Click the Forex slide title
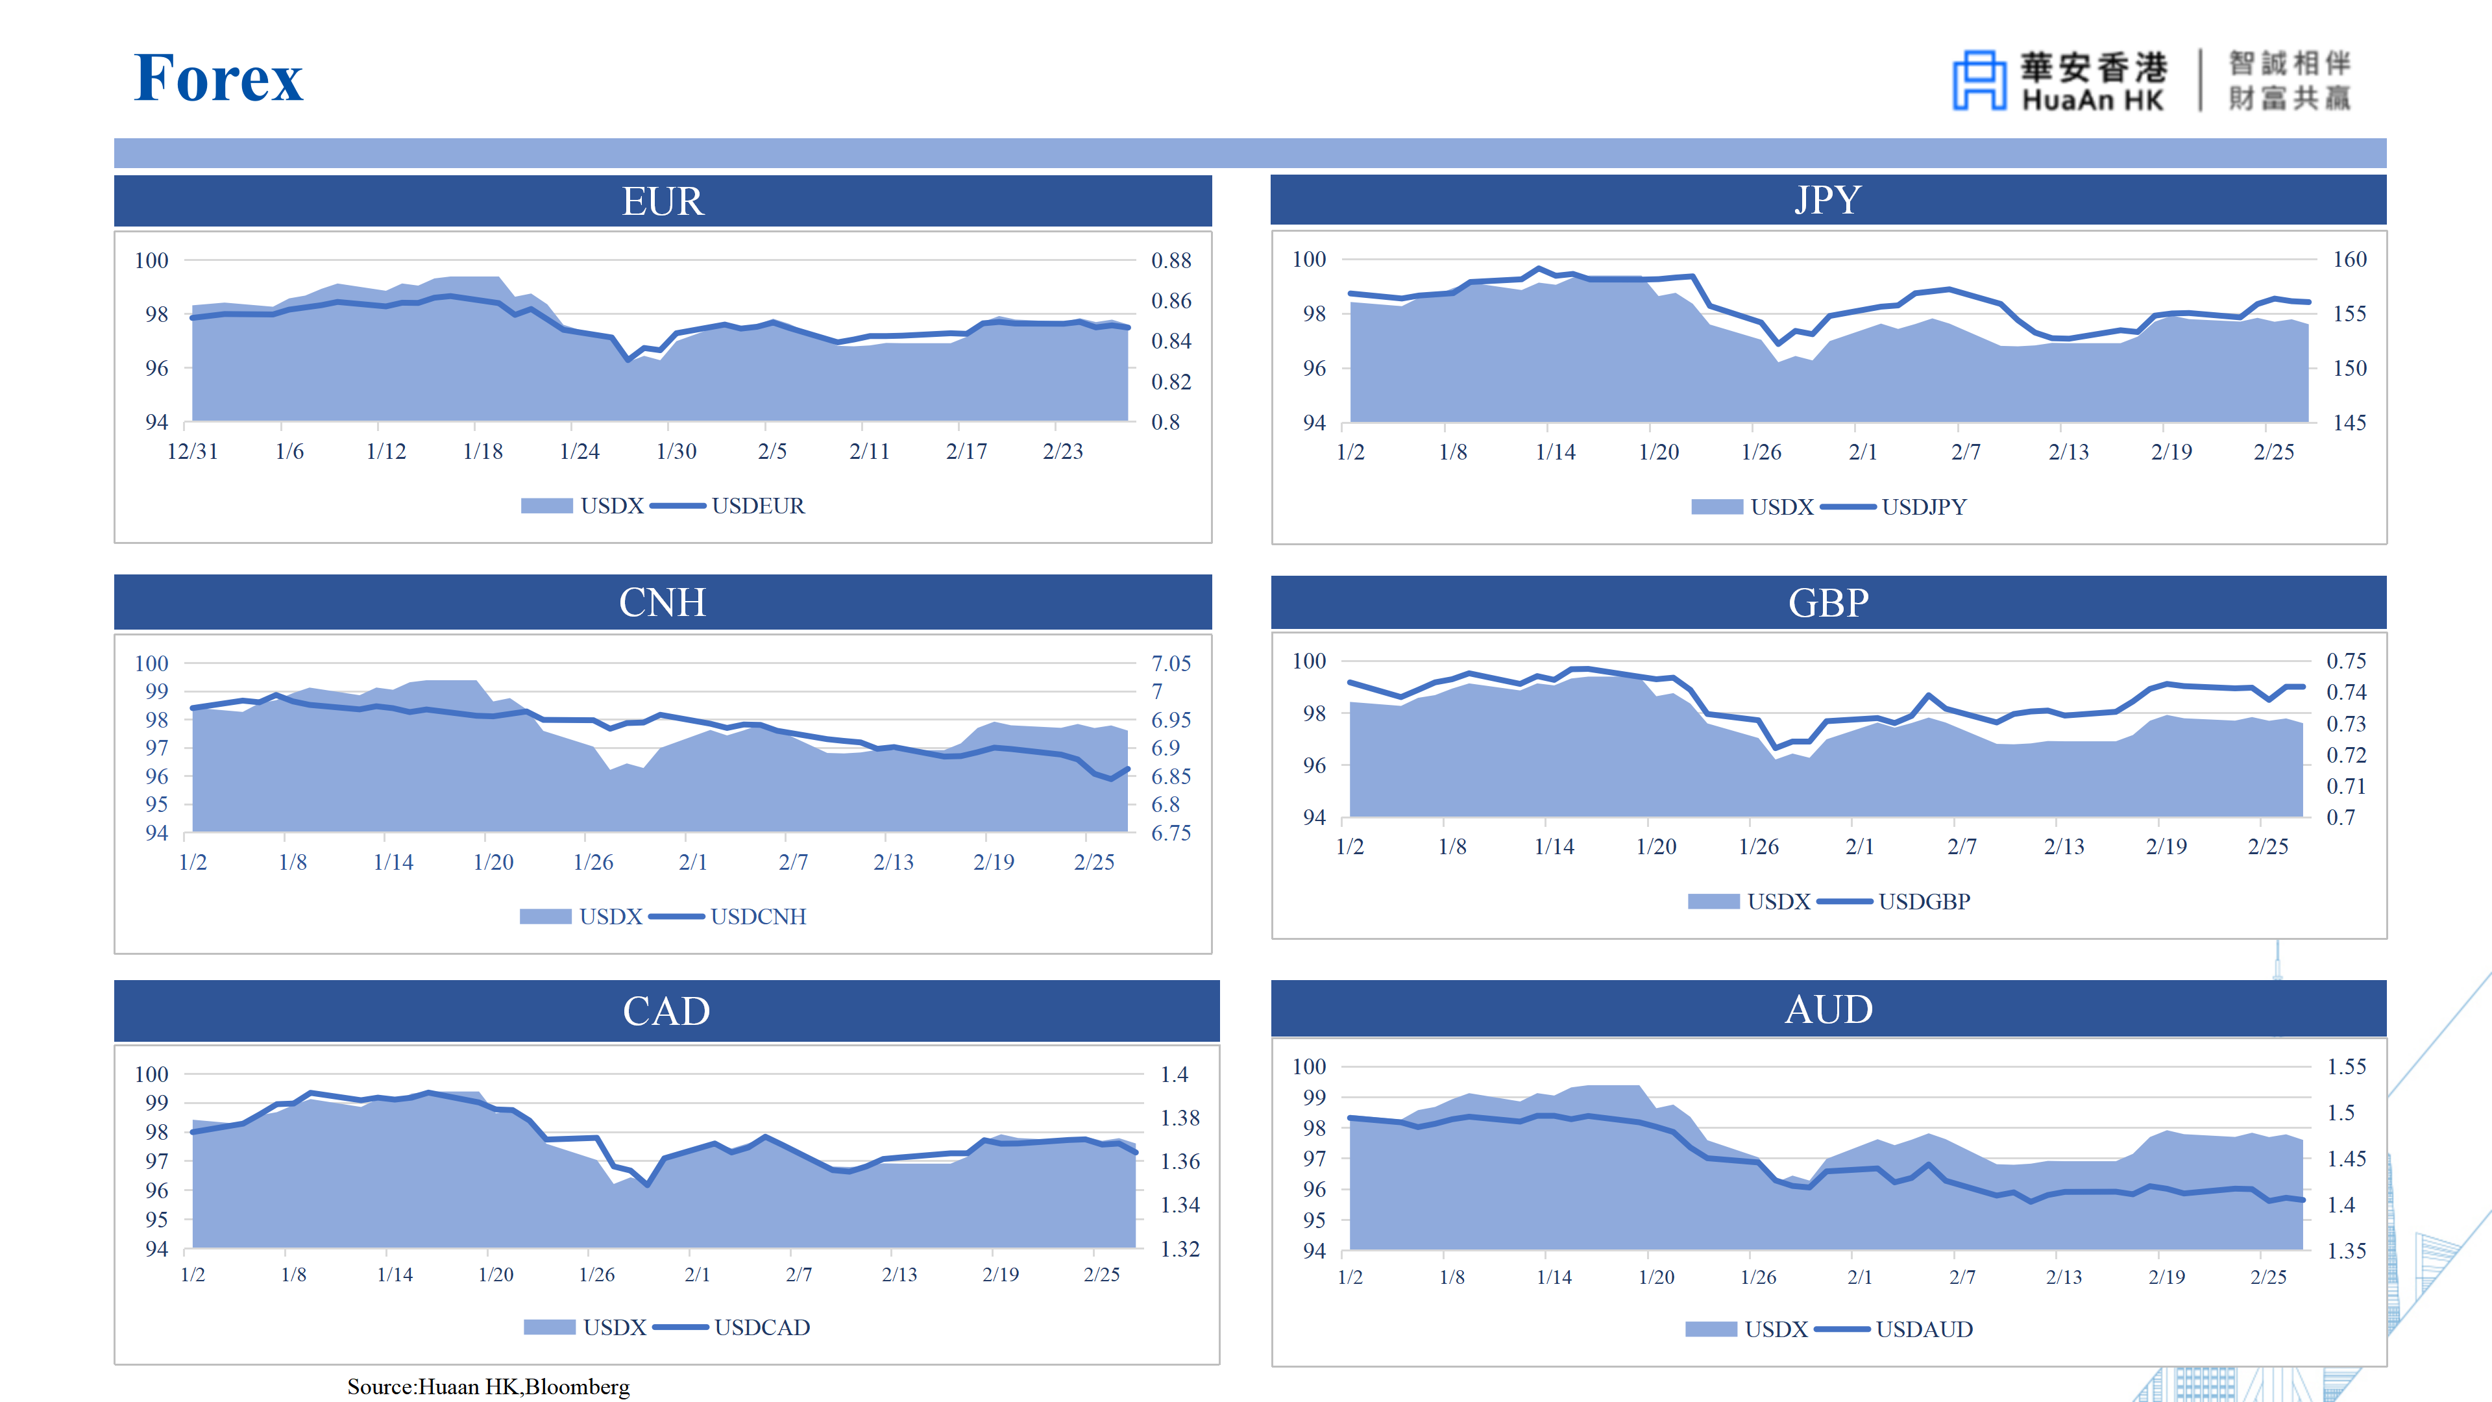tap(219, 79)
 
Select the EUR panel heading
tap(663, 201)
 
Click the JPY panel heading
tap(1827, 201)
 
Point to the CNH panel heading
tap(663, 603)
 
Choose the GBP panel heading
tap(1827, 603)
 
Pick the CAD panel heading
tap(666, 1011)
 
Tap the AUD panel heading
tap(1827, 1009)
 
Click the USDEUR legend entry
tap(757, 506)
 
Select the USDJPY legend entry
tap(1923, 507)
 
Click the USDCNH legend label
tap(757, 916)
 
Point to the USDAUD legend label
tap(1923, 1329)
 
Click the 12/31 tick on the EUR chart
tap(193, 452)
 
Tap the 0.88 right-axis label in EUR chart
tap(1171, 260)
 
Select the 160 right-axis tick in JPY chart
tap(2349, 260)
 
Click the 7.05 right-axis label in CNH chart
tap(1171, 664)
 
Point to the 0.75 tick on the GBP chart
tap(2346, 661)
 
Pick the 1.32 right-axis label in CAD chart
tap(1179, 1249)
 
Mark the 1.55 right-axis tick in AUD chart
tap(2346, 1066)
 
